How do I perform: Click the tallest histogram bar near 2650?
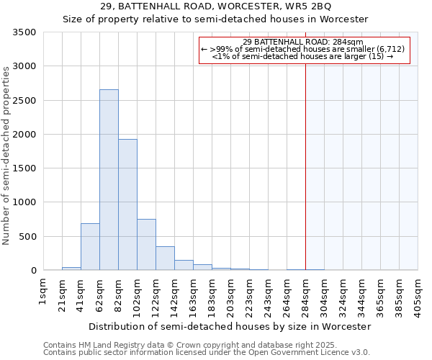[109, 180]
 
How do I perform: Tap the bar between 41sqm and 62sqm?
[90, 246]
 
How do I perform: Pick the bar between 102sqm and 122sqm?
[146, 244]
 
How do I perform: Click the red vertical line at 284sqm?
[305, 166]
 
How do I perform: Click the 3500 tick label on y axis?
[22, 32]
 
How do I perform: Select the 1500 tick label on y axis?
[22, 168]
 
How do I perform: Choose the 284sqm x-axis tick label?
[305, 294]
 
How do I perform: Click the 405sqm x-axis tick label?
[418, 294]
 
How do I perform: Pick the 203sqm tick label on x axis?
[230, 294]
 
